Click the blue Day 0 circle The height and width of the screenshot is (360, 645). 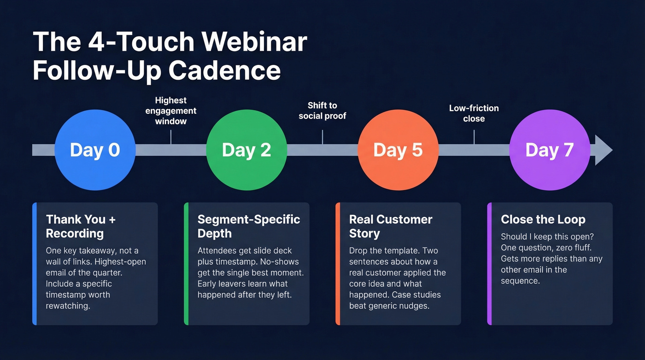point(95,150)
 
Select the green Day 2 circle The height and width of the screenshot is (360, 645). point(246,150)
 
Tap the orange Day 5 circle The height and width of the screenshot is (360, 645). point(398,150)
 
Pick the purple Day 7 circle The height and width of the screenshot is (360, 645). point(549,150)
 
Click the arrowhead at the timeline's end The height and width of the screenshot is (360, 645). point(603,150)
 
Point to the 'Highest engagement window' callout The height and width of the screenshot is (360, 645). point(171,111)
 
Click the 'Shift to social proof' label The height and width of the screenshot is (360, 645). point(322,111)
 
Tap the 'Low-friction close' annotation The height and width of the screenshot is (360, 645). point(474,113)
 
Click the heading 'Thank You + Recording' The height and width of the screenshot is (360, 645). point(81,226)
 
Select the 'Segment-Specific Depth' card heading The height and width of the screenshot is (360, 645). point(249,226)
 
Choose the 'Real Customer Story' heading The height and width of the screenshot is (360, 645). point(391,226)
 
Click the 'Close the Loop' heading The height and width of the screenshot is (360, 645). point(543,219)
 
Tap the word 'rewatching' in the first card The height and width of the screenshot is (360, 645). point(67,306)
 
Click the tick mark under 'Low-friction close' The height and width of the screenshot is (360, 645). point(474,137)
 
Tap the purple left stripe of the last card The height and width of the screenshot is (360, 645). point(489,264)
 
